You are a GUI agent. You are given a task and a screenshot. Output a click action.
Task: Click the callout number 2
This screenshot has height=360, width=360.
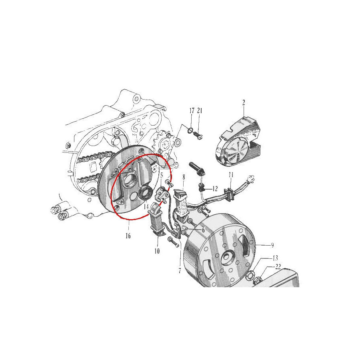coord(244,102)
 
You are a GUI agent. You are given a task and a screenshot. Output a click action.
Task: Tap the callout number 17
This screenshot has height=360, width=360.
coord(192,111)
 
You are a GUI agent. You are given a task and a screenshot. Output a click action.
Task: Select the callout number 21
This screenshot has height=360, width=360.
coord(200,111)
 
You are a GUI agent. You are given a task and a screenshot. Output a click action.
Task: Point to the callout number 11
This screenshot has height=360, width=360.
coord(231,175)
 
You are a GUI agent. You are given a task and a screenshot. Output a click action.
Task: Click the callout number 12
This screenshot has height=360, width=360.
coord(215,189)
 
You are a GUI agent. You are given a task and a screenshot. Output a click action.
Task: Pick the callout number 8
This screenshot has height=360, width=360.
coord(184,177)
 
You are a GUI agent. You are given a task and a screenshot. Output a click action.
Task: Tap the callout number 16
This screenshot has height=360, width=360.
coord(128,236)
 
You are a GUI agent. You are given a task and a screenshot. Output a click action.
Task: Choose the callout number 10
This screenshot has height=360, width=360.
coord(157,251)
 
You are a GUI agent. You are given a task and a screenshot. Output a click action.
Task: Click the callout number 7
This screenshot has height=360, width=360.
coord(180,271)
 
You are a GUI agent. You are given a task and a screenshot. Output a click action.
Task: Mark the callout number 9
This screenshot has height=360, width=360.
coord(272,245)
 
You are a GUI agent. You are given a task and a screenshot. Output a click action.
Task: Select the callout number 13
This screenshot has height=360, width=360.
coord(275,258)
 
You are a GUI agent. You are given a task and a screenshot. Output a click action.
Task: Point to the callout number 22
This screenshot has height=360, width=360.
coord(278,267)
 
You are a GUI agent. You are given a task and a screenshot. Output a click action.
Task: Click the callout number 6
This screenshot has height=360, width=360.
coord(203,230)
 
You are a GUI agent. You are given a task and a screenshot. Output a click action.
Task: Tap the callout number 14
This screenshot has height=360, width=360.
coord(146,206)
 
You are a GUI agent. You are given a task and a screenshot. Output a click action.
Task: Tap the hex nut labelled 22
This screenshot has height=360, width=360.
coord(257,280)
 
